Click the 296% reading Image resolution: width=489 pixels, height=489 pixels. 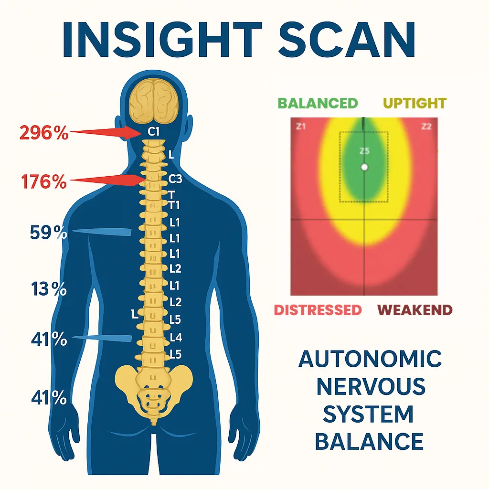coord(44,132)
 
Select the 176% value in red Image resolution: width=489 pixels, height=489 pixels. coord(44,181)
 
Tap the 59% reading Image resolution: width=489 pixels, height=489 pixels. coord(48,233)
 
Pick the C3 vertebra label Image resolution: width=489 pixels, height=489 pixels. coord(176,180)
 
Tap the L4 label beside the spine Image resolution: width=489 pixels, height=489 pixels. coord(176,338)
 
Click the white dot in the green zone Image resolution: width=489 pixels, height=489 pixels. coord(364,167)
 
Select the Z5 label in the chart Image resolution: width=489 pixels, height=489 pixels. coord(364,151)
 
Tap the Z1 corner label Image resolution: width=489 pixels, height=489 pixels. coord(300,127)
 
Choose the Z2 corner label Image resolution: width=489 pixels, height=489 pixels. coord(426,127)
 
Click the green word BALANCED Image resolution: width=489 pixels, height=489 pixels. coord(318,103)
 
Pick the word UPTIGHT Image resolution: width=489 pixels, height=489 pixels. coord(415,103)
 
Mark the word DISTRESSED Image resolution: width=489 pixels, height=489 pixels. coord(317,310)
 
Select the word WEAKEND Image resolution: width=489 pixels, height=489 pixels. coord(415,310)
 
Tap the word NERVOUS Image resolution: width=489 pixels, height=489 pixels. coord(370,386)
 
